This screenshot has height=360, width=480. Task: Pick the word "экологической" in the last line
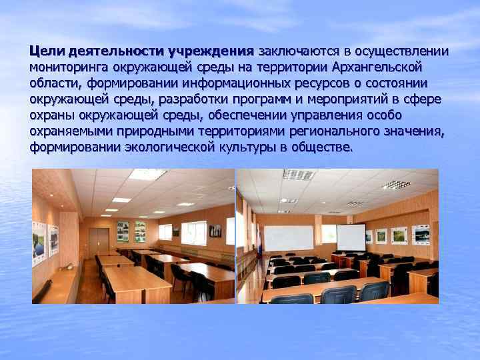click(x=167, y=147)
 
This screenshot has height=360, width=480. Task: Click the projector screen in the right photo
click(x=350, y=237)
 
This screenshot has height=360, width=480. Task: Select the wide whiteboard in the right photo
click(x=289, y=238)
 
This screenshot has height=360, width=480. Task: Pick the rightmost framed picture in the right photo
click(x=421, y=234)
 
